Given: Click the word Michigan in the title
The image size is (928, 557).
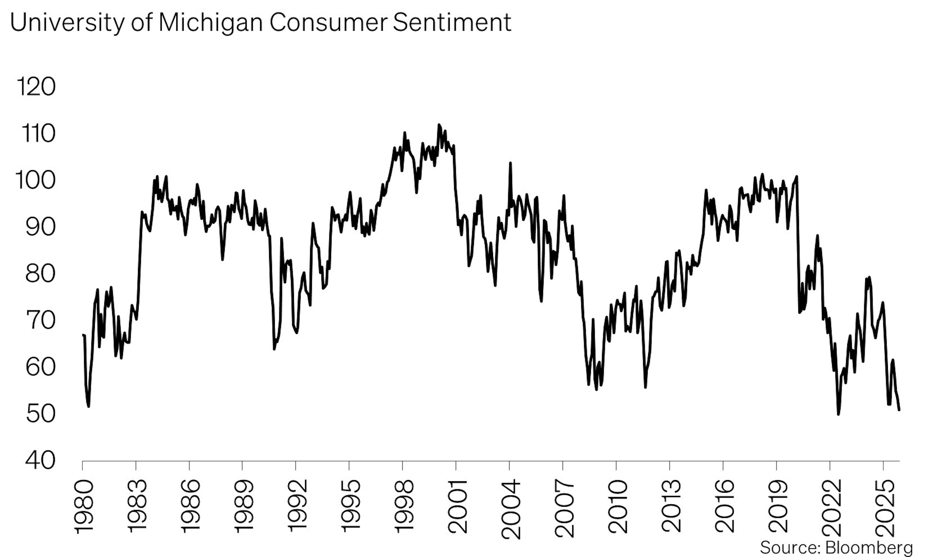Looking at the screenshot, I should [210, 22].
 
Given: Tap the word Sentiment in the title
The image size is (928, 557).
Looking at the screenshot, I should [452, 22].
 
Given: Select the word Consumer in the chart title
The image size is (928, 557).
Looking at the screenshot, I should [328, 22].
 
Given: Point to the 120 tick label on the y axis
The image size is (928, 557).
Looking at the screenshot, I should [36, 87].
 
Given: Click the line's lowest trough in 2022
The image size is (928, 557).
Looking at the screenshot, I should [838, 414].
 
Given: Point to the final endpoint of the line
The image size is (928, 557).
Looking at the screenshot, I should [899, 410].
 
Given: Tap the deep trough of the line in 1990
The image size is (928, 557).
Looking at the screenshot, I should [274, 349].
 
